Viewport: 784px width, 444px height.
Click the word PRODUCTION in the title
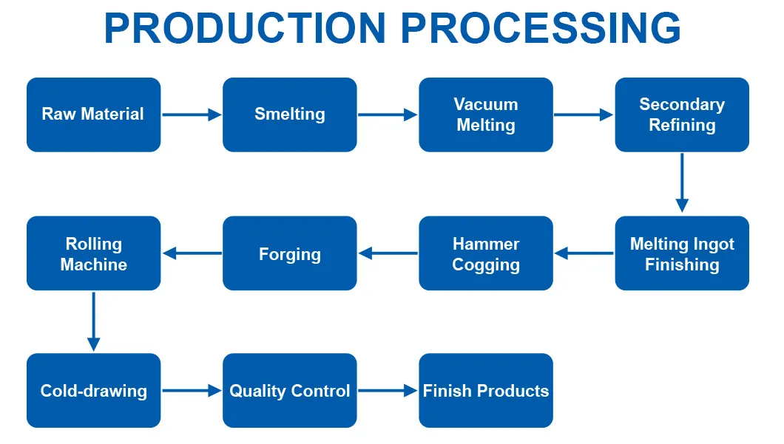click(x=245, y=28)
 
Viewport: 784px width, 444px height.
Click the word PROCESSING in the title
click(x=541, y=28)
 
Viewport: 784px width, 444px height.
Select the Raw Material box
click(x=93, y=115)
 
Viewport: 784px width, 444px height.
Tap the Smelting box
click(x=289, y=115)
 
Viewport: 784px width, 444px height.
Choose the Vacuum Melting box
click(x=485, y=115)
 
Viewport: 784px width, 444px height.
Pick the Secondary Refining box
click(x=681, y=115)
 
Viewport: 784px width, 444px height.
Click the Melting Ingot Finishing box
click(x=681, y=253)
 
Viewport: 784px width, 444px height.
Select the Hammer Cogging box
click(x=485, y=253)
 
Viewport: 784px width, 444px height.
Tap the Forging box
click(x=289, y=253)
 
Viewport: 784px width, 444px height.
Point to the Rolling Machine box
click(x=93, y=253)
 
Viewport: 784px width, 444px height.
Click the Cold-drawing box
click(x=93, y=391)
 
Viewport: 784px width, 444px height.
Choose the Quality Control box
click(x=289, y=391)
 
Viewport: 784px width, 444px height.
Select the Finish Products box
click(x=485, y=391)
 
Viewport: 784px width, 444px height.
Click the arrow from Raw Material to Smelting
click(x=192, y=115)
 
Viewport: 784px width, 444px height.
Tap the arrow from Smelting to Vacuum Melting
click(x=388, y=115)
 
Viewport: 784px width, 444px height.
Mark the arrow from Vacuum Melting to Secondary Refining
click(x=584, y=115)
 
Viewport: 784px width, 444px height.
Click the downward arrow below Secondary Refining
click(x=682, y=182)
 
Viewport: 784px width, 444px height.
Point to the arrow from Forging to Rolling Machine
click(x=192, y=253)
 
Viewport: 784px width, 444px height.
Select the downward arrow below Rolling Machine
click(x=93, y=321)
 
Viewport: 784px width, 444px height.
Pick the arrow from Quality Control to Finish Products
click(x=388, y=391)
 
